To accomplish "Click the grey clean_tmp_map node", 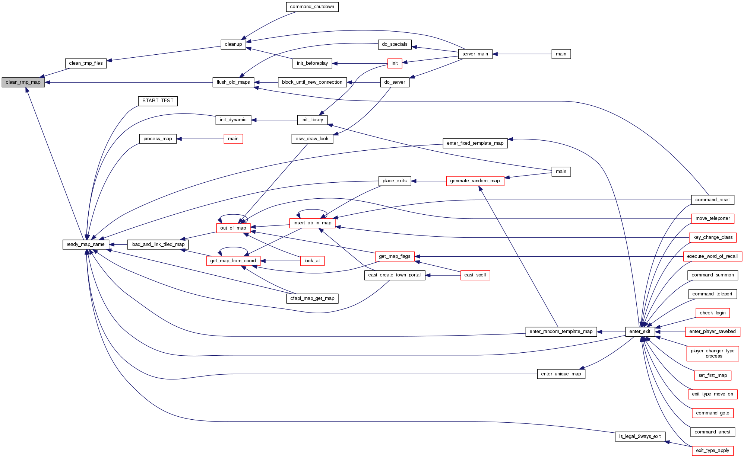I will pyautogui.click(x=23, y=82).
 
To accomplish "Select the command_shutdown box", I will pyautogui.click(x=312, y=7).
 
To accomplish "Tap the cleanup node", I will pyautogui.click(x=233, y=44).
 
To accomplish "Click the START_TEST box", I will pyautogui.click(x=158, y=101).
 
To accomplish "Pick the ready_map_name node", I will pyautogui.click(x=86, y=244).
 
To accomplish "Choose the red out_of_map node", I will pyautogui.click(x=233, y=228).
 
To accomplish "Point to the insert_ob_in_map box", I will pyautogui.click(x=312, y=223).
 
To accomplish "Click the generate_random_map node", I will pyautogui.click(x=475, y=181).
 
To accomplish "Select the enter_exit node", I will pyautogui.click(x=640, y=332).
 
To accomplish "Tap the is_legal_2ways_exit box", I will pyautogui.click(x=640, y=436).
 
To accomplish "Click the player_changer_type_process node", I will pyautogui.click(x=712, y=353).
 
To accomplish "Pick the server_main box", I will pyautogui.click(x=475, y=54).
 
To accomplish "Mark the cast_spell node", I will pyautogui.click(x=475, y=275).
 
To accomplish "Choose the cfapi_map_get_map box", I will pyautogui.click(x=312, y=298).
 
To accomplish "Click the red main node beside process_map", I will pyautogui.click(x=233, y=139).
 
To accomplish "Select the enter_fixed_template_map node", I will pyautogui.click(x=475, y=143).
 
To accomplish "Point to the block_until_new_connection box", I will pyautogui.click(x=312, y=82).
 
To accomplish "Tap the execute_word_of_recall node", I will pyautogui.click(x=712, y=256).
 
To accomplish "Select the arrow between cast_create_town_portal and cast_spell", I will pyautogui.click(x=443, y=275).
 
